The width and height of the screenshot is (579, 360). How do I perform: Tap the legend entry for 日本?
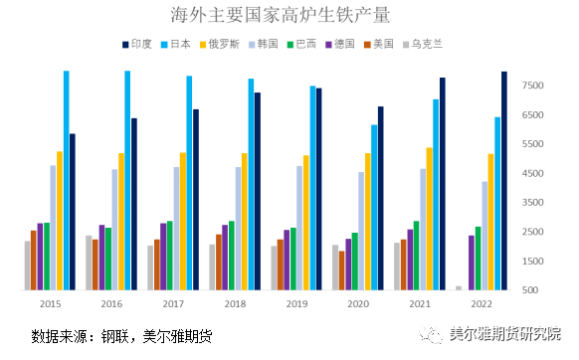184,45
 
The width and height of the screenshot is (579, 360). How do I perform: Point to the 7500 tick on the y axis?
532,87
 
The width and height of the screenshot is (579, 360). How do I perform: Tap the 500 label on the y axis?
535,290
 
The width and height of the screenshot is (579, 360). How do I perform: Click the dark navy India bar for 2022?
504,181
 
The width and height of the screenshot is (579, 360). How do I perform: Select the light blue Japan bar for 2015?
66,181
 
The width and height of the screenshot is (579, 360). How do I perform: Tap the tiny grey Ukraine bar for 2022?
459,288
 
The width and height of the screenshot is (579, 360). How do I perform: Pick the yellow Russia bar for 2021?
430,219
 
